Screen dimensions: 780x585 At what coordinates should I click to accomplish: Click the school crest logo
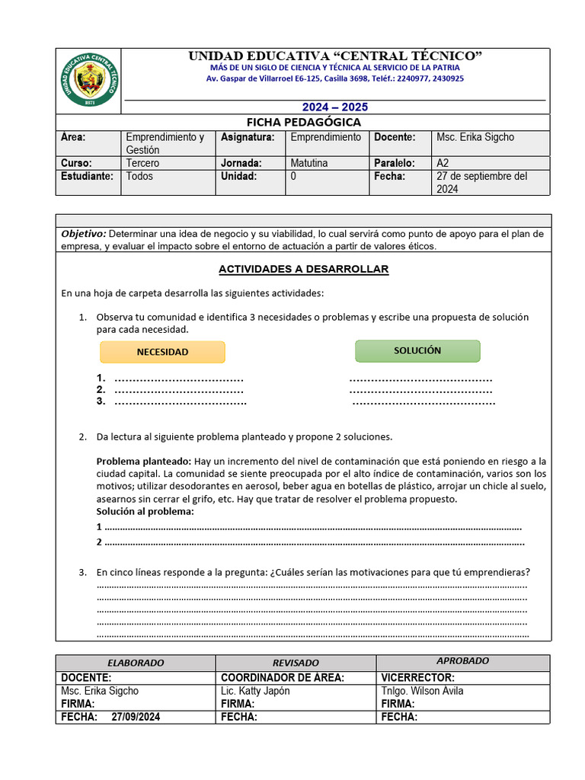pyautogui.click(x=89, y=80)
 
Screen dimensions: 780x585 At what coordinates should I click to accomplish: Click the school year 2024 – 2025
pyautogui.click(x=335, y=107)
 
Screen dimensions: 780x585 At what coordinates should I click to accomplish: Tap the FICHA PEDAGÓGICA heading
pyautogui.click(x=303, y=123)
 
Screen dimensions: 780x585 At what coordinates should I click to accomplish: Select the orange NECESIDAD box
pyautogui.click(x=162, y=352)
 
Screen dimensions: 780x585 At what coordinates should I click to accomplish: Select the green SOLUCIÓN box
pyautogui.click(x=417, y=350)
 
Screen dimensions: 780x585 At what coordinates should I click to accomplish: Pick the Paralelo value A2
pyautogui.click(x=443, y=163)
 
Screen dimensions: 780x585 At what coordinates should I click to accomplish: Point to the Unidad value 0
pyautogui.click(x=293, y=176)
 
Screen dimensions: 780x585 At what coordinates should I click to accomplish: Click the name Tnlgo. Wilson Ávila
pyautogui.click(x=422, y=691)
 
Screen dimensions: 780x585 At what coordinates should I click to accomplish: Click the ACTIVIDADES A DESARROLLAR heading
pyautogui.click(x=303, y=269)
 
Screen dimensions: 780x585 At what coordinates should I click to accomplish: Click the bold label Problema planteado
pyautogui.click(x=143, y=462)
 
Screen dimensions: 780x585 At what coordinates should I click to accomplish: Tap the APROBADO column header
pyautogui.click(x=462, y=661)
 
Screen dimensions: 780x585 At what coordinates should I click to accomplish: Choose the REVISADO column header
pyautogui.click(x=296, y=663)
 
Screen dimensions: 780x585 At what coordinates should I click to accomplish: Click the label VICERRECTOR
pyautogui.click(x=417, y=678)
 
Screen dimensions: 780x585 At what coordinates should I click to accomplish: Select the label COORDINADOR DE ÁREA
pyautogui.click(x=282, y=678)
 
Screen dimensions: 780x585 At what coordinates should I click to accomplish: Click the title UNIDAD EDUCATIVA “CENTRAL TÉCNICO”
pyautogui.click(x=335, y=56)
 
